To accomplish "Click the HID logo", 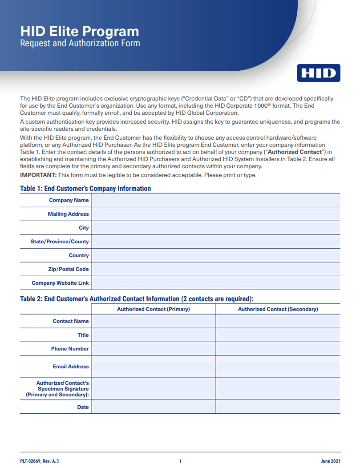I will click(319, 73).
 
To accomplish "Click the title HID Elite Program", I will click(80, 31).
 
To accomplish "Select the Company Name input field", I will click(216, 200).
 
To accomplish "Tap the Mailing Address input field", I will click(216, 214).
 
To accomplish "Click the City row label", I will click(84, 228).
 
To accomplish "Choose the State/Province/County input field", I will click(216, 242).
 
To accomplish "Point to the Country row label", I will click(79, 255).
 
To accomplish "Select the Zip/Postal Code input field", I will click(216, 269).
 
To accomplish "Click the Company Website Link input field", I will click(216, 283).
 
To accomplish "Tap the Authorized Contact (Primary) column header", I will click(154, 309).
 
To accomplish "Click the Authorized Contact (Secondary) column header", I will click(278, 309).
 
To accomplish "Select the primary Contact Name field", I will click(154, 321).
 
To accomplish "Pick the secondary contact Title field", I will click(278, 335).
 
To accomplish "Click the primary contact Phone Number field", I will click(154, 349).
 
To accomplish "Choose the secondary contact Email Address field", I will click(278, 367).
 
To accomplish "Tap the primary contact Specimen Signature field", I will click(154, 388).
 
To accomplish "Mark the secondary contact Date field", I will click(278, 407).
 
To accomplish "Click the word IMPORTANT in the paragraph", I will click(38, 175).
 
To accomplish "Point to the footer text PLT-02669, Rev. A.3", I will click(40, 461).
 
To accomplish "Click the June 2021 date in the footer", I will click(330, 461).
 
